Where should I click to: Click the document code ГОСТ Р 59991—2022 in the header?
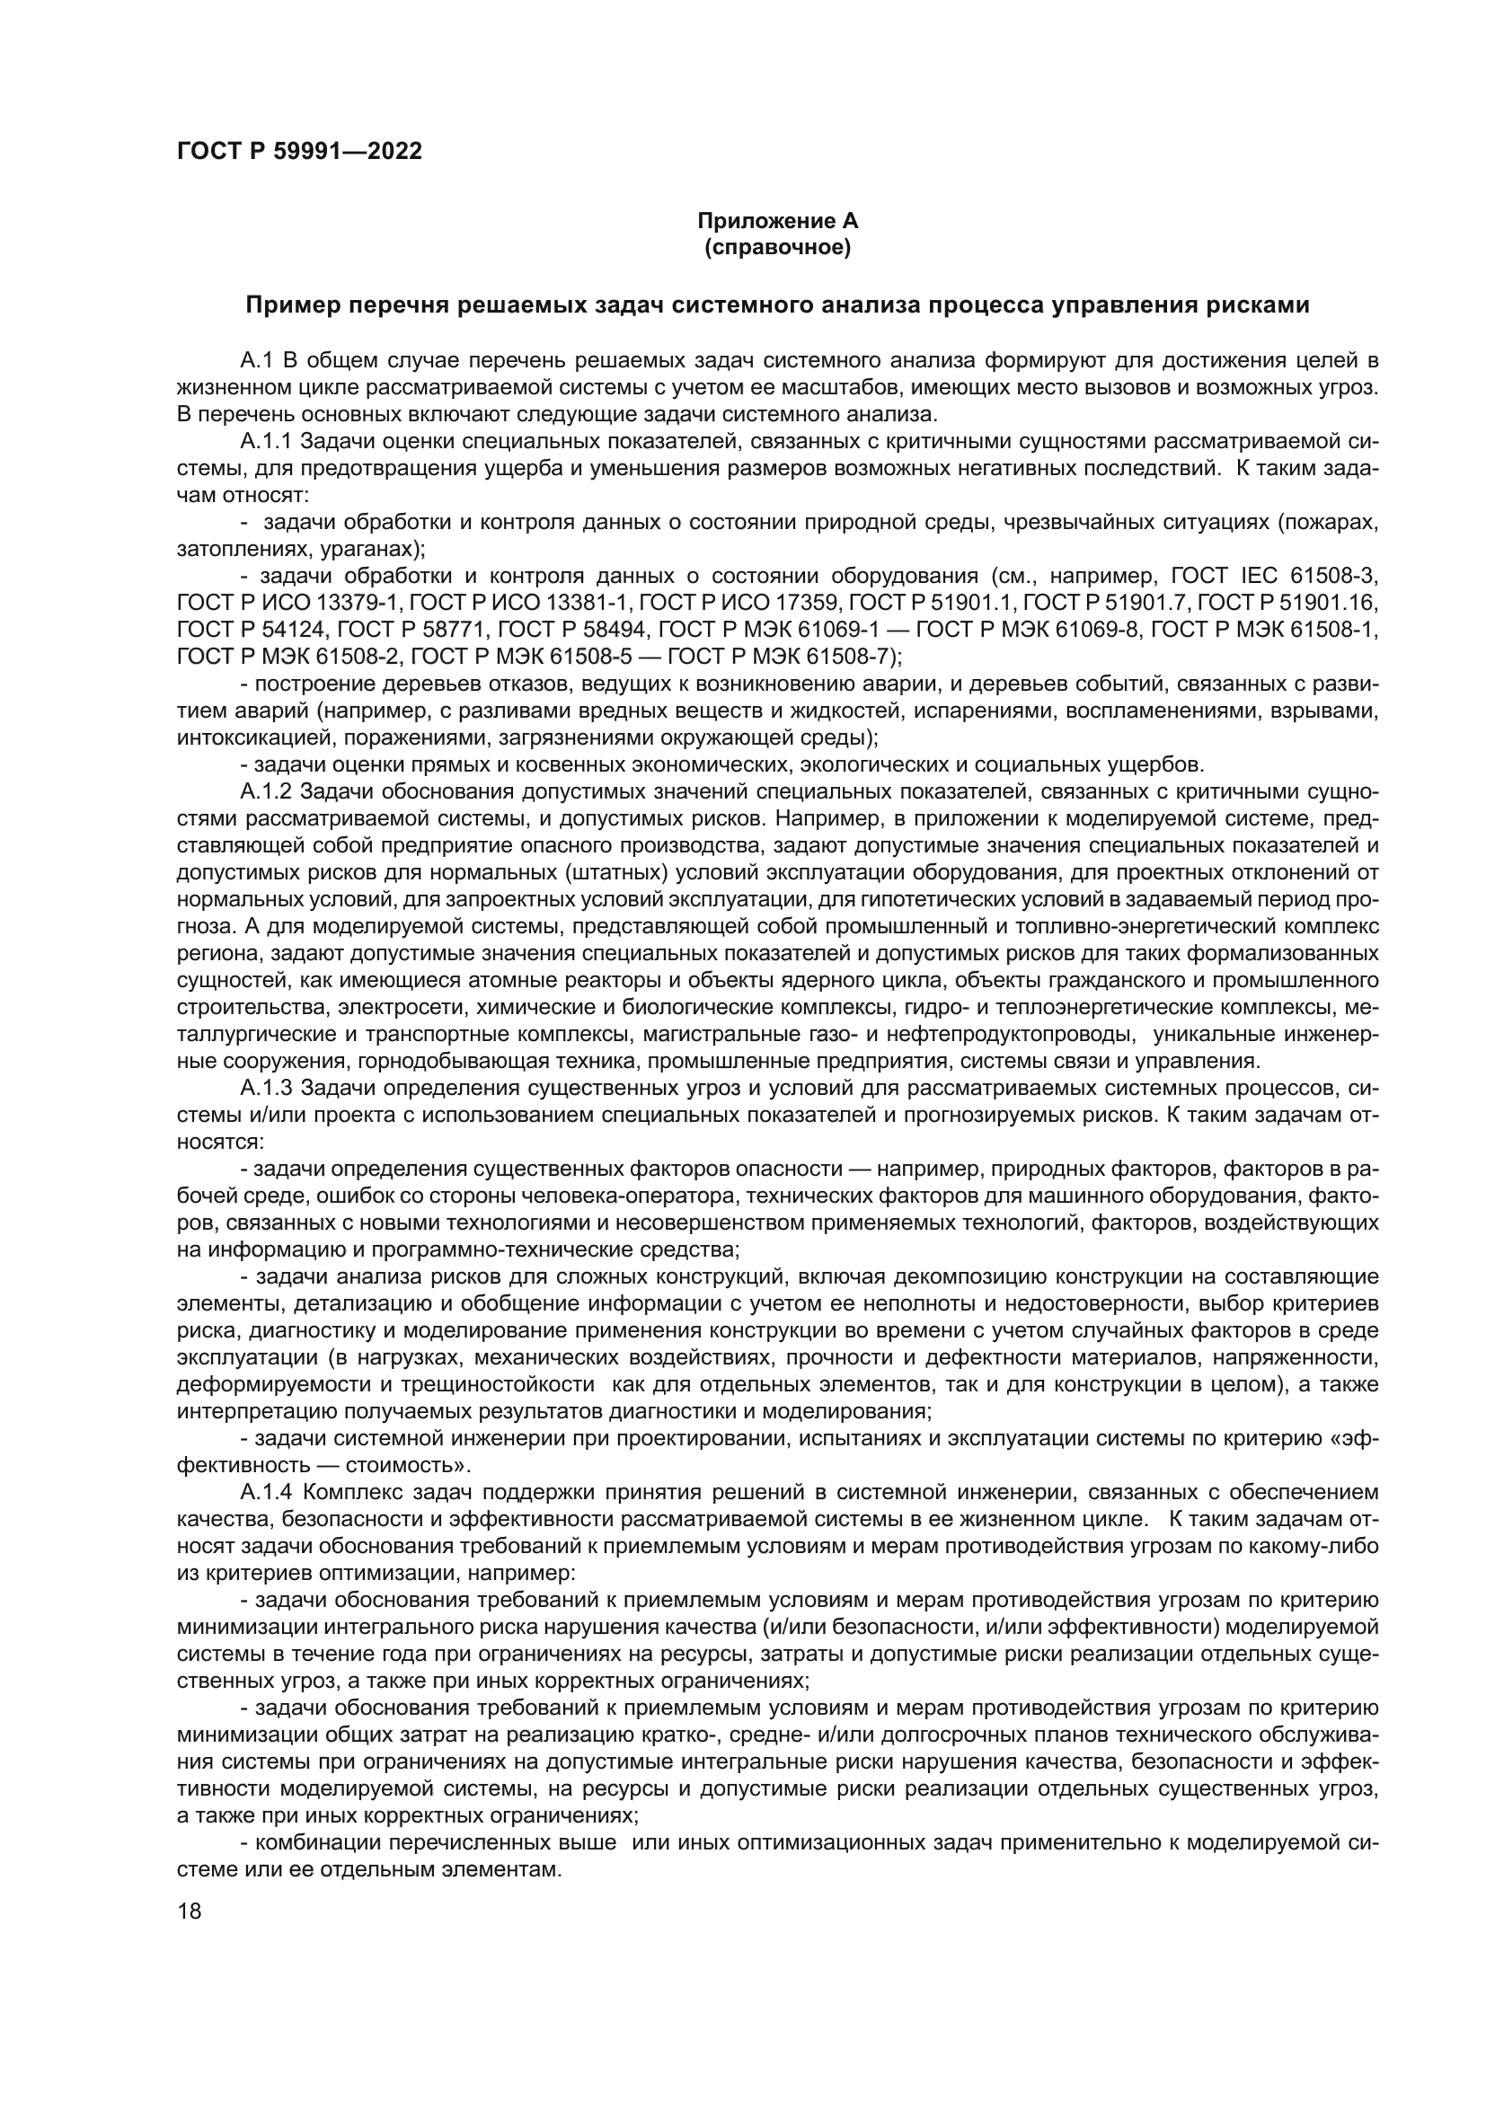(299, 152)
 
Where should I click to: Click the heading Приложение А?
(778, 221)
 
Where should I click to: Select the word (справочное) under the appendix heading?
(778, 247)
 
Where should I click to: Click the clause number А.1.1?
(265, 442)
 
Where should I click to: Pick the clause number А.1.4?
(265, 1493)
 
